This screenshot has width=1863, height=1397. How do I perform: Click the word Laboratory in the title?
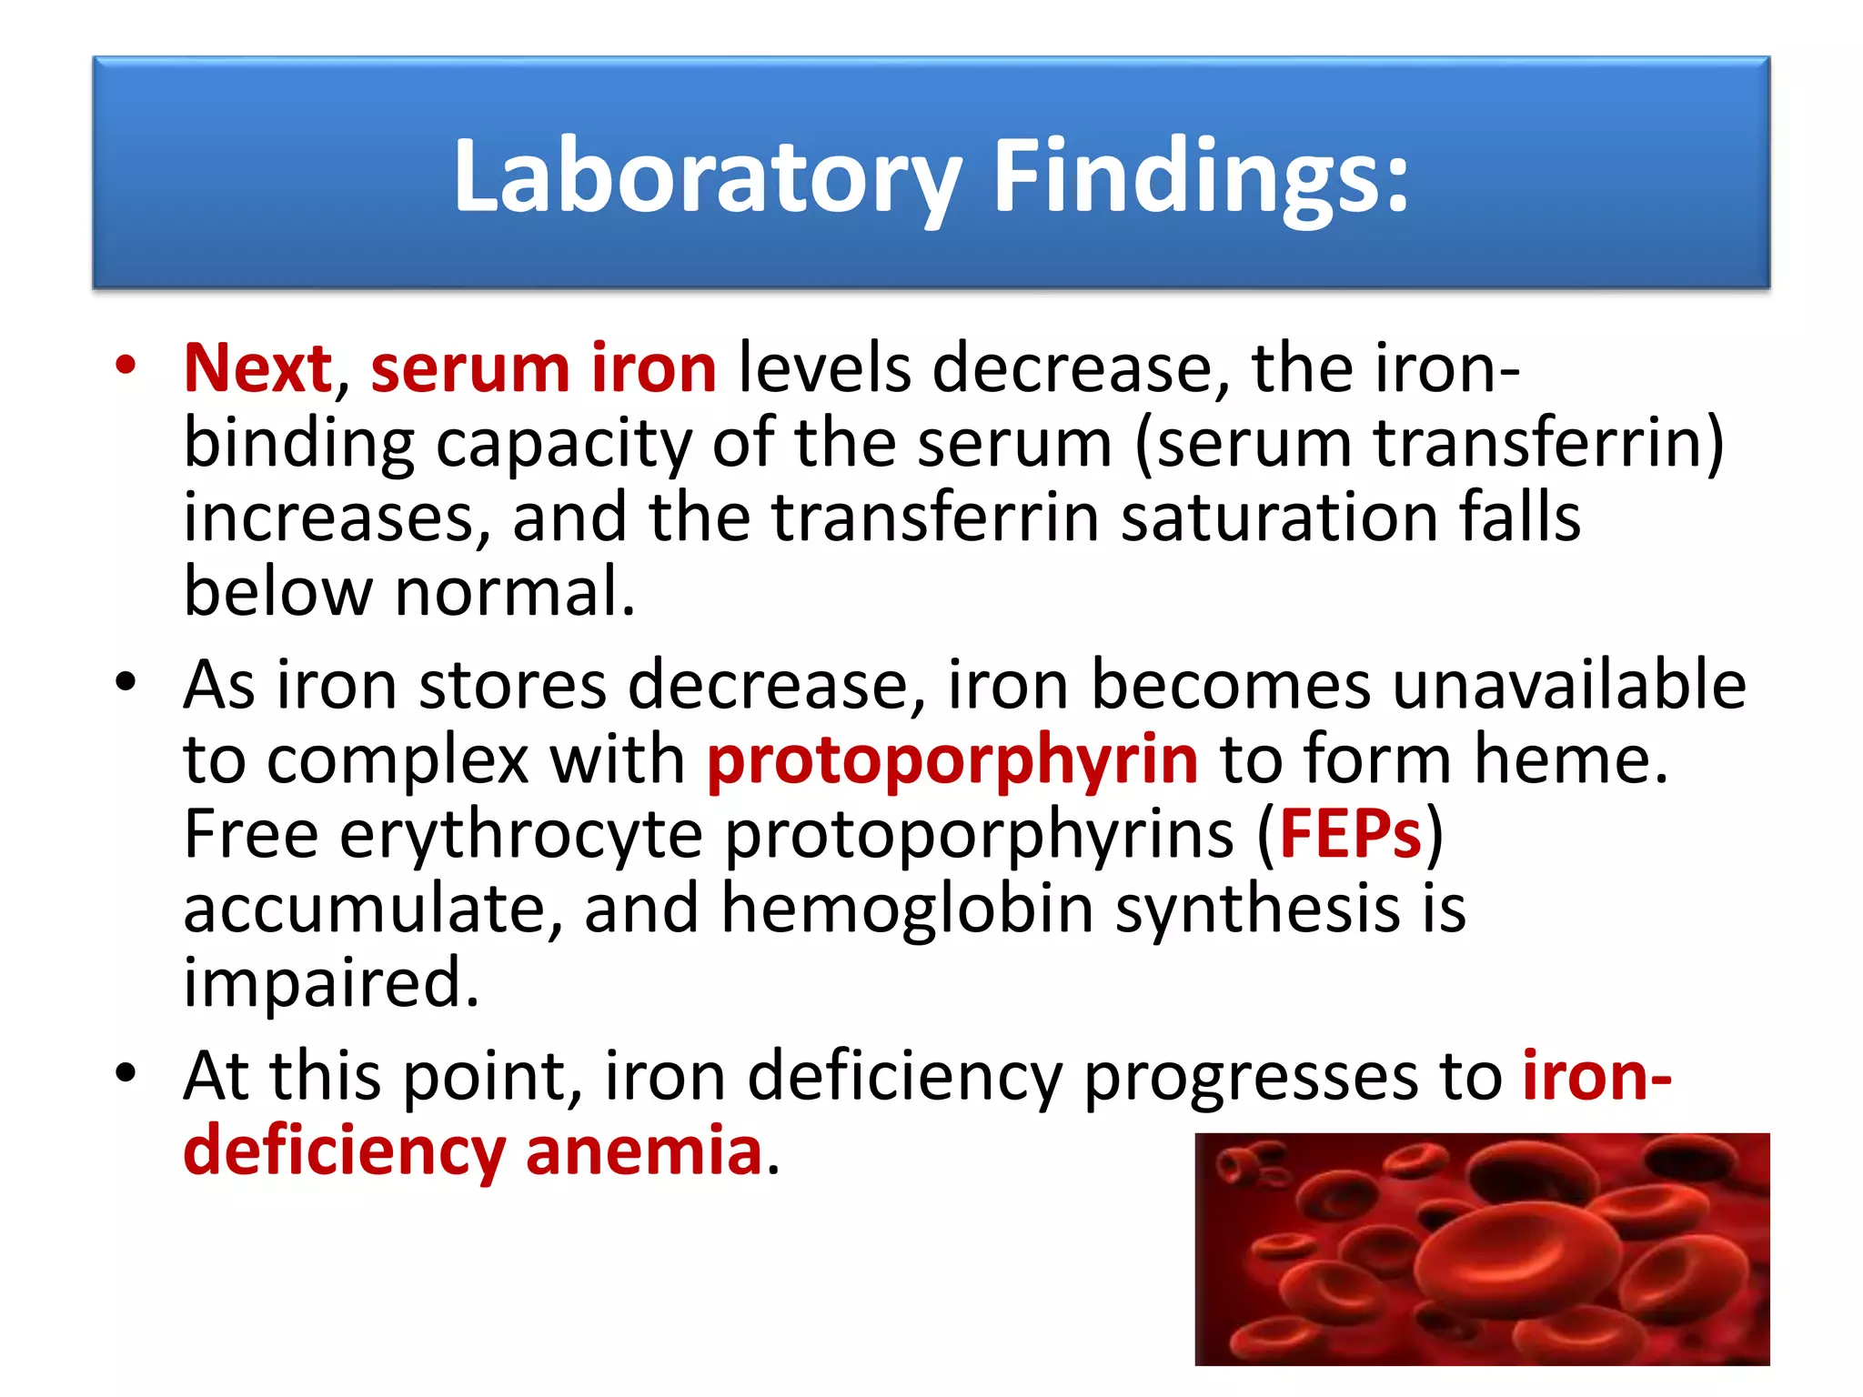(706, 177)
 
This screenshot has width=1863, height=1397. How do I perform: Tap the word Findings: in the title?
(1201, 177)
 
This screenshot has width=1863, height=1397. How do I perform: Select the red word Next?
(257, 368)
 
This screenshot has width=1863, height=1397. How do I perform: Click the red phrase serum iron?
(543, 368)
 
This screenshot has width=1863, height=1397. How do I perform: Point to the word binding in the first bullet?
(299, 444)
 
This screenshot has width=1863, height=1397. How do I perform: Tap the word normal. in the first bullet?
(515, 592)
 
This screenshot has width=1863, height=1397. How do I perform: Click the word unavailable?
(1568, 685)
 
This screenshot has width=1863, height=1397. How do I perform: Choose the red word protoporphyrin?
(952, 759)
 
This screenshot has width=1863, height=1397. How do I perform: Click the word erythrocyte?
(521, 834)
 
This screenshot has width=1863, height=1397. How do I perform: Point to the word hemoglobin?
(907, 909)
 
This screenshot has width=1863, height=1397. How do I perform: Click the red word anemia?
(643, 1151)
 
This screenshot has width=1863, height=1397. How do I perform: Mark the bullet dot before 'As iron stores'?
(126, 681)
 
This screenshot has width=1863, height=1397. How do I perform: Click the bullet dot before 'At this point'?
(126, 1072)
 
